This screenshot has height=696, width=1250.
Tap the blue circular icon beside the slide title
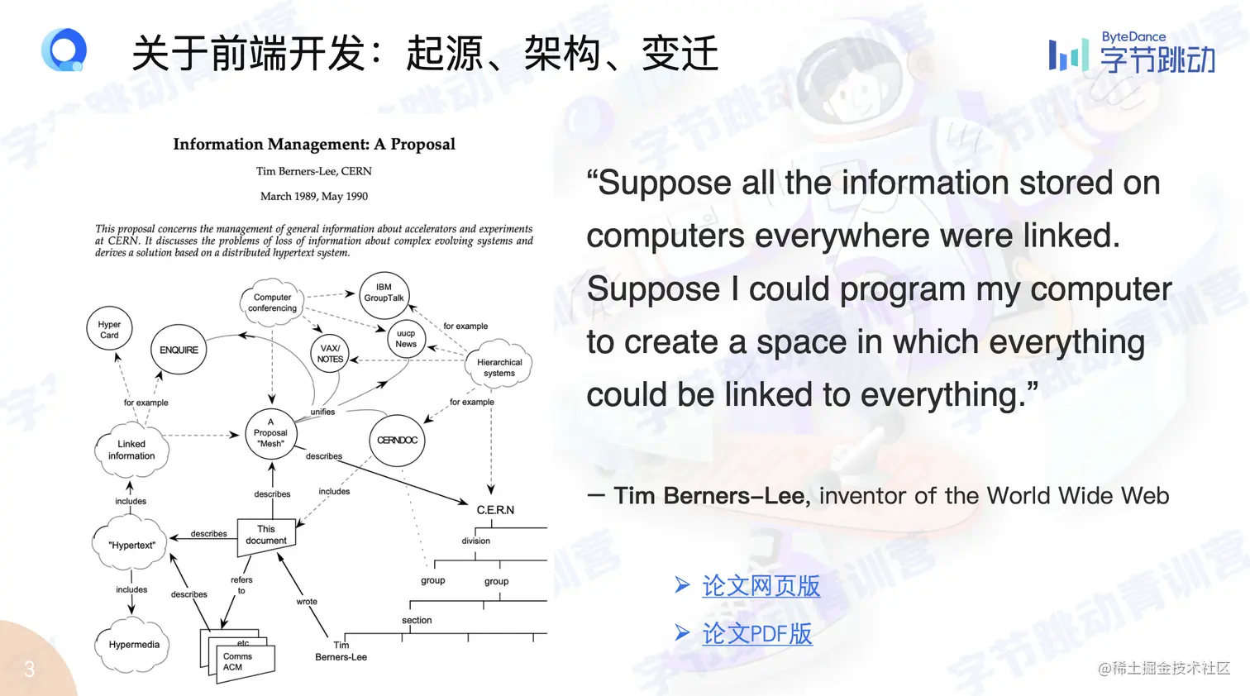click(64, 50)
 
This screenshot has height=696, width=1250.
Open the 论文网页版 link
click(761, 586)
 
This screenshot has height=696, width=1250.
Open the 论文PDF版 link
click(756, 634)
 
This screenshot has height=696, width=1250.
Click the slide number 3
click(30, 669)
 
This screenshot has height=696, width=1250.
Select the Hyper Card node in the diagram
click(109, 329)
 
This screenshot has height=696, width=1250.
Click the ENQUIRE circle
click(179, 350)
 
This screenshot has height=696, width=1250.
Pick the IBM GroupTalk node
click(384, 293)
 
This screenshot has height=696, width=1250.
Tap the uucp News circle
click(406, 339)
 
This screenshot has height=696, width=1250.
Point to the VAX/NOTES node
click(330, 354)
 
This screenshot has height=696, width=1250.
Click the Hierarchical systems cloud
click(499, 367)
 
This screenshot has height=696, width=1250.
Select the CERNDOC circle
click(398, 441)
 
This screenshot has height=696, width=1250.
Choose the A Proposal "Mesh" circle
click(270, 433)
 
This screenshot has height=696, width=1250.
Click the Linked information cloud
click(131, 450)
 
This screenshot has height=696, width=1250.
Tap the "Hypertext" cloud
click(131, 545)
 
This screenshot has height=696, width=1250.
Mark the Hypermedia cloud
click(134, 645)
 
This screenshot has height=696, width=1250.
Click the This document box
click(266, 535)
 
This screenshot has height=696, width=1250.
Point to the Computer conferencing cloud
click(272, 303)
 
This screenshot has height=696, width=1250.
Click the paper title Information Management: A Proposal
click(314, 144)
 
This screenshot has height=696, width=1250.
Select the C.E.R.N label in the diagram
click(495, 510)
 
